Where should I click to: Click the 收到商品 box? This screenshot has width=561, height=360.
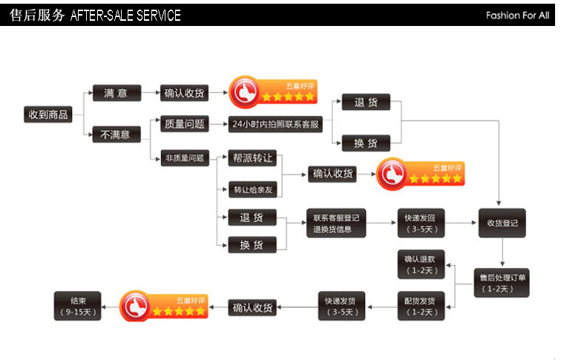tap(48, 114)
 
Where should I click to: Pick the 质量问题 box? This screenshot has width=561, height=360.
tap(183, 124)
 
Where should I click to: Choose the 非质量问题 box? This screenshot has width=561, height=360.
tap(183, 157)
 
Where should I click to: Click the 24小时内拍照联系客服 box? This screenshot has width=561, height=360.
tap(275, 124)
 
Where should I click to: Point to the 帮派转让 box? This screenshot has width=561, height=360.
tap(253, 159)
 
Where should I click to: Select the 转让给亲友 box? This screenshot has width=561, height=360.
tap(253, 190)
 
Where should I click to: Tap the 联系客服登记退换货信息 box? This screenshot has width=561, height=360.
tap(336, 223)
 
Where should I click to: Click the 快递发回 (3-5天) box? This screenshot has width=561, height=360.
tap(424, 223)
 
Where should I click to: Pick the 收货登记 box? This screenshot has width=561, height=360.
tap(502, 223)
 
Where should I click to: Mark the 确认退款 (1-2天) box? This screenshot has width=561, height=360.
tap(421, 264)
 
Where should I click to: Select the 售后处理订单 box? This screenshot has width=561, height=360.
tap(502, 283)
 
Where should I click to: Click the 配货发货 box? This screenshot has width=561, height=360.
tap(421, 306)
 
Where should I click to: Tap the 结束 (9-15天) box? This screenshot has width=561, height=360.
tap(78, 306)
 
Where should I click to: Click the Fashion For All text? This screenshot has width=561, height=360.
tap(517, 15)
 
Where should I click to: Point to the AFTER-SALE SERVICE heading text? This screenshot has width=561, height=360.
tap(125, 16)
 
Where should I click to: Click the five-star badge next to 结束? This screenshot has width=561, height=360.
tap(164, 306)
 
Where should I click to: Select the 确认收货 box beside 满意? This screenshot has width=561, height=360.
tap(184, 93)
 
